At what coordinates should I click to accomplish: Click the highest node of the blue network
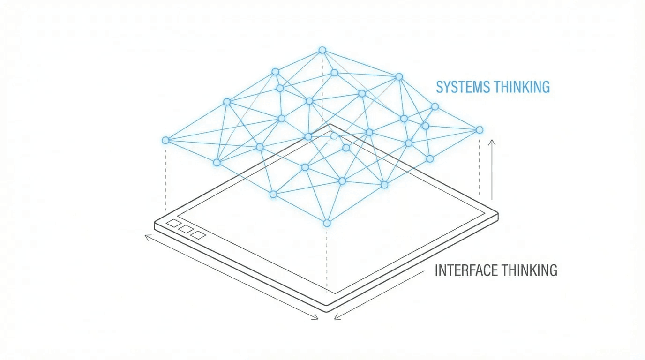(x=322, y=50)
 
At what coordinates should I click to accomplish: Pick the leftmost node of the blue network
(x=165, y=140)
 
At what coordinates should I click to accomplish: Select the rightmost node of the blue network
(x=479, y=129)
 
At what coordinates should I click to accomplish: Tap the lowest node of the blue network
(x=327, y=223)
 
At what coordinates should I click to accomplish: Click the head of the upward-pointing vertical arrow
(x=492, y=141)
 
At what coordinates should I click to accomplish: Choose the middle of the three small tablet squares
(x=186, y=229)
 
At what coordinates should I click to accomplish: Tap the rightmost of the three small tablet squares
(x=198, y=235)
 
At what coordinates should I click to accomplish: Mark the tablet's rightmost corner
(x=497, y=216)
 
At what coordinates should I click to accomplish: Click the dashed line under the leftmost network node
(x=165, y=178)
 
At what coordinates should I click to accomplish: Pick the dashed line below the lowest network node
(x=327, y=258)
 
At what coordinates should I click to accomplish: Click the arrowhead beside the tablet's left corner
(x=147, y=236)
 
